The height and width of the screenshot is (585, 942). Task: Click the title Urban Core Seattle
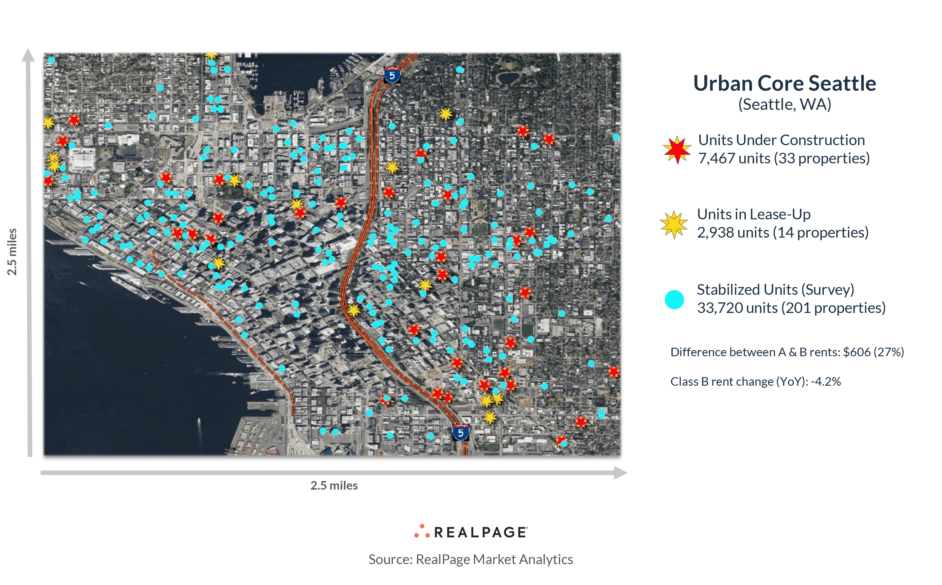point(784,83)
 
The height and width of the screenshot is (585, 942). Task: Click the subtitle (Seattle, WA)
point(784,105)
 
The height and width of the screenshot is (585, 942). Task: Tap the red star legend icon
point(677,150)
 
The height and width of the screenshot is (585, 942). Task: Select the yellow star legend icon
point(674,224)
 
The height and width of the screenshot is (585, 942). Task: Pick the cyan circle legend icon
point(674,300)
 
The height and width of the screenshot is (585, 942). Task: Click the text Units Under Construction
point(781,140)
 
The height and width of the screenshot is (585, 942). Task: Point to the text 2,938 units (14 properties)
point(783,233)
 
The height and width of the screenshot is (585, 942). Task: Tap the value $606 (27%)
point(873,352)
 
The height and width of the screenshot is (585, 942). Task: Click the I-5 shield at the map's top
point(392,75)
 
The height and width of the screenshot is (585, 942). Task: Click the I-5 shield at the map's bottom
point(460,432)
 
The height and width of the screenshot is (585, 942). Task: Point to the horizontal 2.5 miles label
point(334,485)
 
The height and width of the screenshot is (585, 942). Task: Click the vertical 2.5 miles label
point(12,251)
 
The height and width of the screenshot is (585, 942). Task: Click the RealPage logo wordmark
point(480,532)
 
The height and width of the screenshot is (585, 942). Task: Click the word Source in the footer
point(390,559)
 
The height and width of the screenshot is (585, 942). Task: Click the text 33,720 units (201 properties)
point(791,308)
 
